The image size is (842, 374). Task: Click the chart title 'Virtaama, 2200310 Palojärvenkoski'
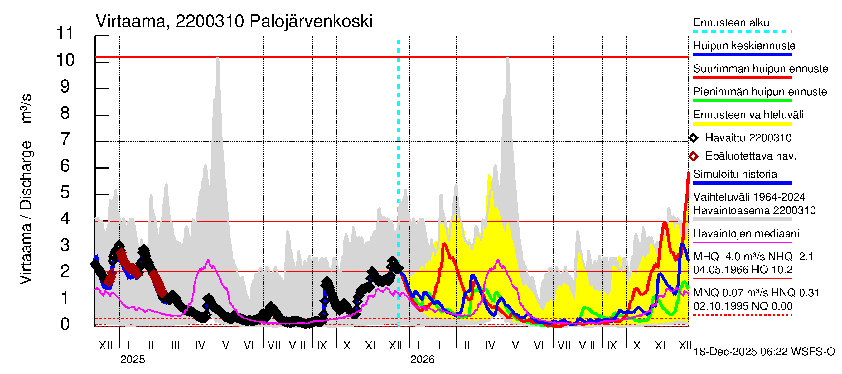click(234, 22)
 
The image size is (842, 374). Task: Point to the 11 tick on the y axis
click(65, 34)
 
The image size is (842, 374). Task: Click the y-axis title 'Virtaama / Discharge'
click(26, 212)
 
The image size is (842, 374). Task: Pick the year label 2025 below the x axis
click(132, 360)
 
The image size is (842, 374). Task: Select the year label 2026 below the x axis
click(422, 360)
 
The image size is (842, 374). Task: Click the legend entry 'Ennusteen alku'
click(731, 23)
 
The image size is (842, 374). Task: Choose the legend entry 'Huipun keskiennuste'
click(744, 46)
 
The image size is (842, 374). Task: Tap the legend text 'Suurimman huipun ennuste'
click(760, 69)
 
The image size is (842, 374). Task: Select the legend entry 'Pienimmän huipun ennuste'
click(760, 92)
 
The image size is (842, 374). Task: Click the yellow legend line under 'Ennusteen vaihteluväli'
click(743, 124)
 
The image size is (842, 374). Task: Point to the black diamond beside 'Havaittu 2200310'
click(693, 138)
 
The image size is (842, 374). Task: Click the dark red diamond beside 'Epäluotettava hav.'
click(693, 156)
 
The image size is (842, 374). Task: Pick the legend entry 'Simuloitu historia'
click(735, 174)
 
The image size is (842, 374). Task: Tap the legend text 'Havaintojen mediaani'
click(746, 234)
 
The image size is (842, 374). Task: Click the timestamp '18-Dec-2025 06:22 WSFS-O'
click(764, 352)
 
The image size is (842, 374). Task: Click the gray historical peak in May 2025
click(218, 59)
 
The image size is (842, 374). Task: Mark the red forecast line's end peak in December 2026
click(688, 173)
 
